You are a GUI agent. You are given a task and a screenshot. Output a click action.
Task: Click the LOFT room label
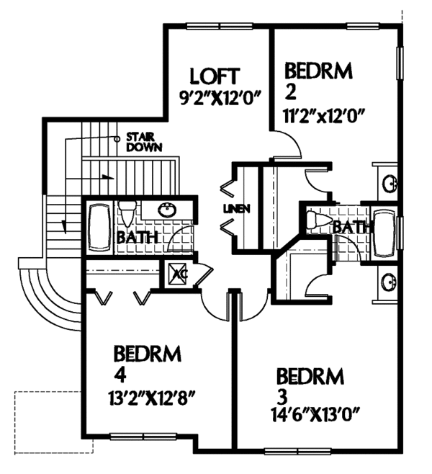coord(214,76)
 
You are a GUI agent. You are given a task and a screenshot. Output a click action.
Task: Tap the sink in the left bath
coord(168,210)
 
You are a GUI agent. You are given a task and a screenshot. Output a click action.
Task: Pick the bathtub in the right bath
coord(384,233)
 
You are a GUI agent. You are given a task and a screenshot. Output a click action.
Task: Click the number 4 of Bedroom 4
coord(119,377)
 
